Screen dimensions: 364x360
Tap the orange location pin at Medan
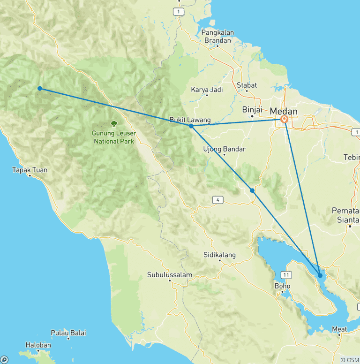[x=284, y=120]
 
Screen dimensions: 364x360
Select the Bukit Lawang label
[x=190, y=120]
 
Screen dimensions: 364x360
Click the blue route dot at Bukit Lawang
[x=191, y=126]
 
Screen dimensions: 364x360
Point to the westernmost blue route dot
[x=40, y=88]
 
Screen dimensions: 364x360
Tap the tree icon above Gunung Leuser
[x=113, y=124]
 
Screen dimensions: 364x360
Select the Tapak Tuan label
[x=30, y=170]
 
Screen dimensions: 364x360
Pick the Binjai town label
[x=251, y=109]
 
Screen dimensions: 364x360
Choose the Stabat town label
[x=247, y=85]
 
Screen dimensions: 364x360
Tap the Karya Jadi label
[x=207, y=90]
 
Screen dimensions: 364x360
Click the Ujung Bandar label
[x=224, y=149]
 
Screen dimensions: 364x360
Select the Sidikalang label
[x=219, y=255]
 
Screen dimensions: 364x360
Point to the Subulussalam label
[x=167, y=274]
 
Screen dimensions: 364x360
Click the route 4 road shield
[x=217, y=200]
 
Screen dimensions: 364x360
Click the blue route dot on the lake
[x=320, y=275]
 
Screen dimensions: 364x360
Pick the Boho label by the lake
[x=282, y=286]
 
